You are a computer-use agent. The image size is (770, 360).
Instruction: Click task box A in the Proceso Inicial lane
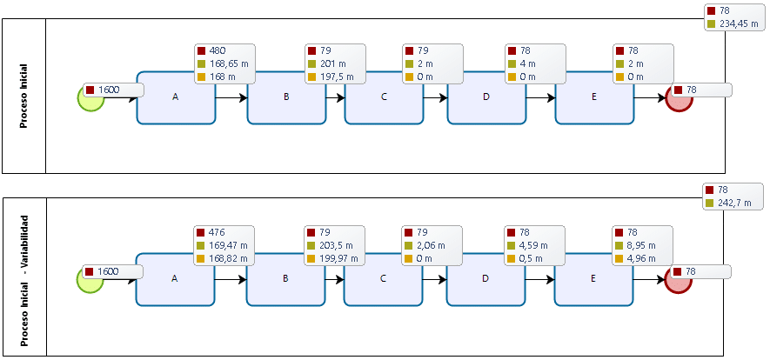tap(175, 97)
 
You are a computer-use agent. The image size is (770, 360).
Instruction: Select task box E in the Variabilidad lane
tap(593, 280)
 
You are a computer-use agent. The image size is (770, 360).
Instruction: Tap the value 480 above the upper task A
tap(218, 50)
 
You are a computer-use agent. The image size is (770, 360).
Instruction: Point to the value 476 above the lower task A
tap(217, 232)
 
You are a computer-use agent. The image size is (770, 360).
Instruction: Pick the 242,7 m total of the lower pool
tap(736, 203)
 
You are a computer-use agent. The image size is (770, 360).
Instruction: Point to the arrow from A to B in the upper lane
tap(231, 97)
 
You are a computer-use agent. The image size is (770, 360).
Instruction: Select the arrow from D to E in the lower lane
tap(539, 280)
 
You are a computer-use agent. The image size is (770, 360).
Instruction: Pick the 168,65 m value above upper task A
tap(228, 63)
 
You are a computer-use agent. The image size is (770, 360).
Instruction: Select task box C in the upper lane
tap(384, 97)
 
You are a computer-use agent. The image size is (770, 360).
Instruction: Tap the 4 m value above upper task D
tap(528, 63)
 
